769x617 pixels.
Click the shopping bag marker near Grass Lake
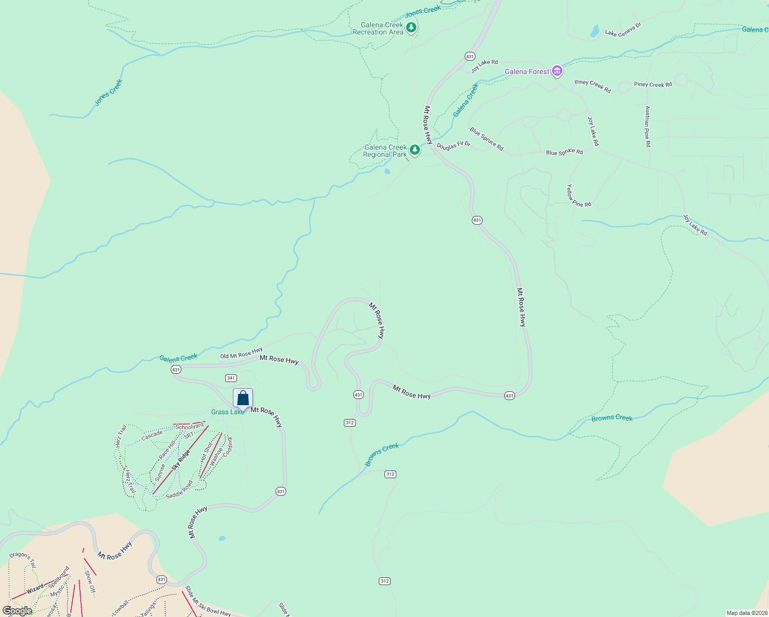(243, 398)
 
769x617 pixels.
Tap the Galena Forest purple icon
(557, 71)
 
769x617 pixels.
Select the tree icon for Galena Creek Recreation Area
(411, 27)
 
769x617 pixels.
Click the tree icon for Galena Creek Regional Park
(414, 150)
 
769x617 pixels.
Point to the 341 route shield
(231, 378)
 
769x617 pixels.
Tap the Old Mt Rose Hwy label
(241, 353)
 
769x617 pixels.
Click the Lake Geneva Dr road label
(623, 29)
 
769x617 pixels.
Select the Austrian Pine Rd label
(648, 126)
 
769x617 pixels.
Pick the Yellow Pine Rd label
(578, 196)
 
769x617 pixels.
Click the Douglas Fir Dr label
(453, 146)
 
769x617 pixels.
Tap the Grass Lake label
(228, 412)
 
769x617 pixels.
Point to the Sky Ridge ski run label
(181, 460)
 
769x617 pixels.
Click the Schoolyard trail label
(190, 427)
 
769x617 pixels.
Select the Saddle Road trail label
(179, 489)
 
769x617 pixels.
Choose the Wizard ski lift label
(35, 589)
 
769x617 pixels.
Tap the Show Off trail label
(90, 582)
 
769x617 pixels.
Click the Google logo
(17, 611)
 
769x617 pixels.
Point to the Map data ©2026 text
(746, 613)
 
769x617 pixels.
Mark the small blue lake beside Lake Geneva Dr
(595, 32)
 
